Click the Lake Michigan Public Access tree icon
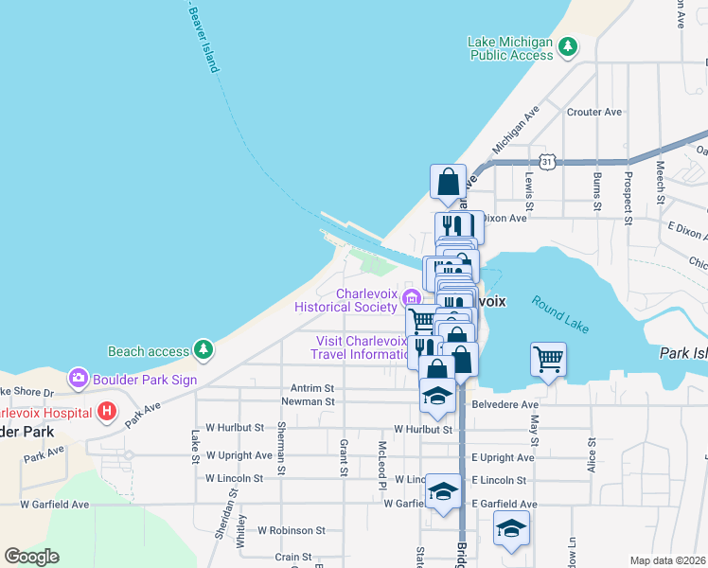[567, 46]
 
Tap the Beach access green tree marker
[203, 350]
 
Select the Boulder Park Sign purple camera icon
[77, 378]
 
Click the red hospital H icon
[107, 412]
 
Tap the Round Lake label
[559, 313]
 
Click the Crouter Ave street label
[593, 112]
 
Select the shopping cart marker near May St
[548, 360]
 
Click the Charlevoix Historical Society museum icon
[412, 299]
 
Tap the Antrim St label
[313, 388]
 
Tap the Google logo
[31, 557]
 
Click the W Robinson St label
[292, 530]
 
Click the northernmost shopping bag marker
[448, 181]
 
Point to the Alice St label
[593, 453]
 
